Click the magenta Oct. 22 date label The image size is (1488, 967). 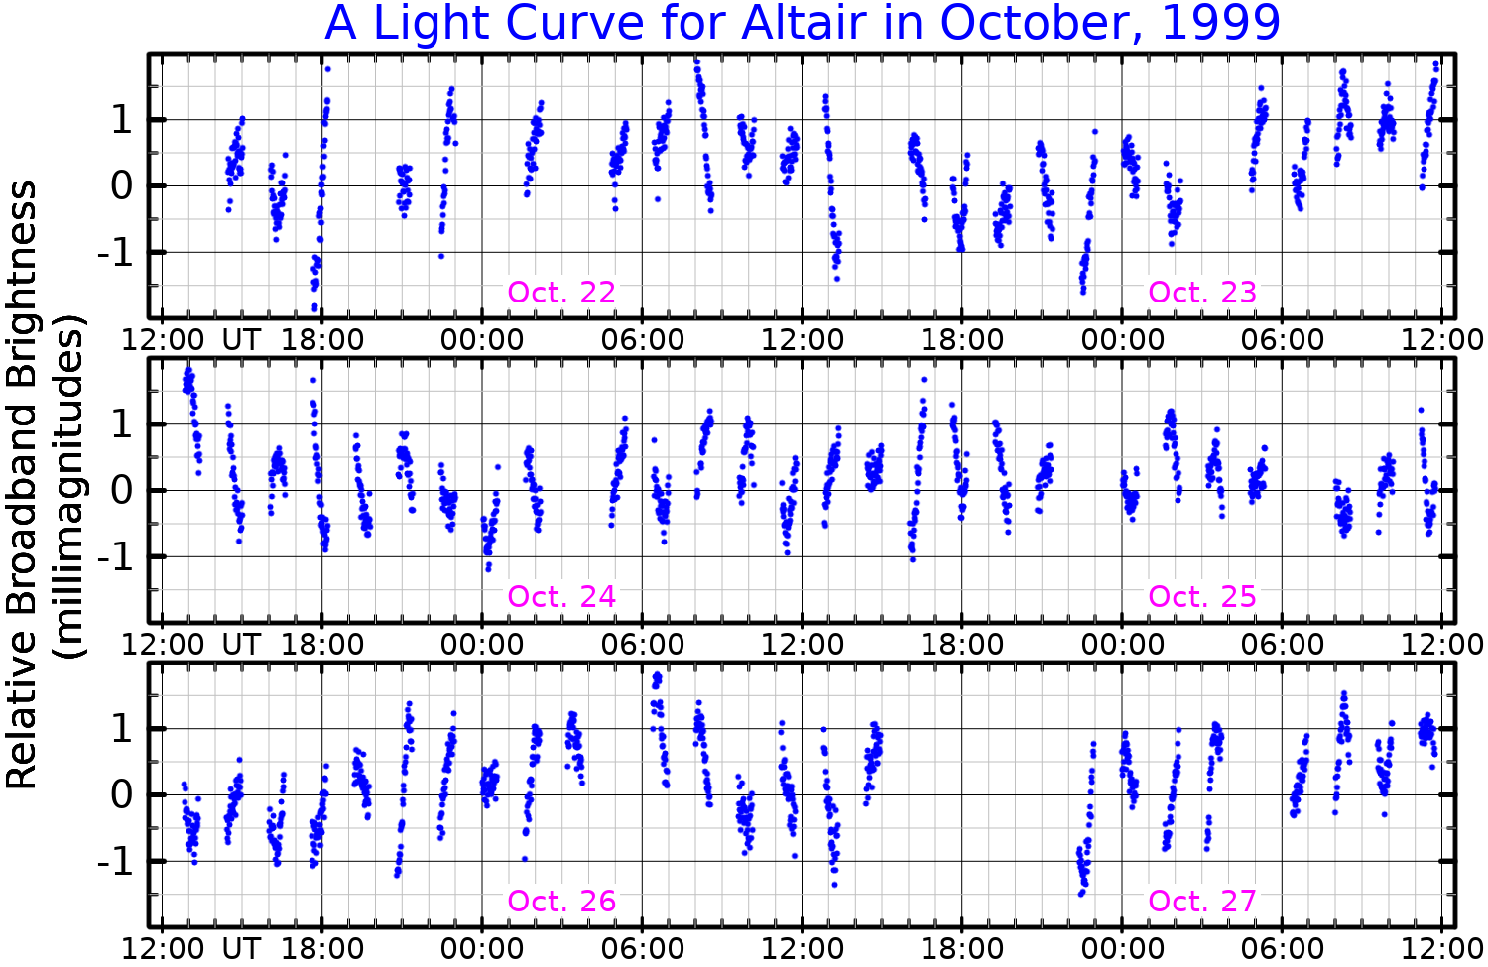(x=561, y=293)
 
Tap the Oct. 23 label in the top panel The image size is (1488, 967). (x=1202, y=293)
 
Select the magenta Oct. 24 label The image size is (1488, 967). (x=561, y=597)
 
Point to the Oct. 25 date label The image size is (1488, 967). (x=1202, y=597)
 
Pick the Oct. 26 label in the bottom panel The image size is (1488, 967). (x=561, y=902)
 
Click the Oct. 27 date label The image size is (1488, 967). (x=1202, y=902)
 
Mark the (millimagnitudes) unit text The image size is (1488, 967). (x=69, y=486)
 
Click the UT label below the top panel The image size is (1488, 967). (x=241, y=340)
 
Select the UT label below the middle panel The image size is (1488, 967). (x=241, y=645)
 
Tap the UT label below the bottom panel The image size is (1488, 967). (x=241, y=949)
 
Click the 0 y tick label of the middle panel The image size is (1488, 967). (x=122, y=491)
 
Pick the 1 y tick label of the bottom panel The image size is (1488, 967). (x=122, y=729)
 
